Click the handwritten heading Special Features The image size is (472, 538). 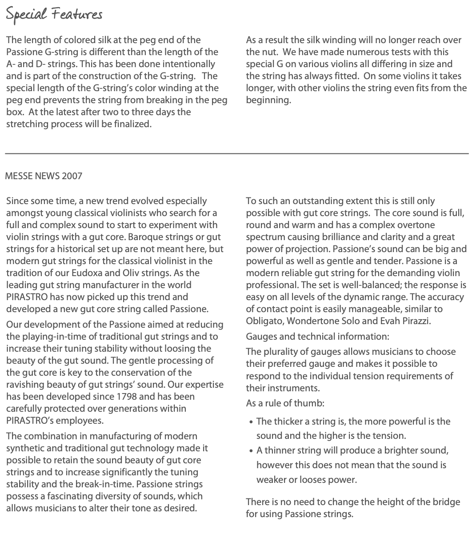click(x=54, y=14)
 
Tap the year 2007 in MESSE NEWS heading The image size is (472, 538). click(x=72, y=176)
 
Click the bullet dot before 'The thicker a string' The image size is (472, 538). click(x=252, y=422)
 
